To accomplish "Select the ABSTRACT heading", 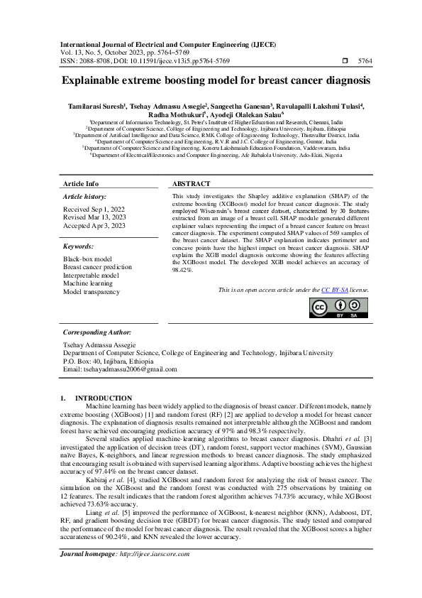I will coord(191,183).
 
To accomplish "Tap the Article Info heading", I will coord(82,183).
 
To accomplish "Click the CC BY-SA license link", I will coord(333,290).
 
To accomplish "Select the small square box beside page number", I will coord(344,62).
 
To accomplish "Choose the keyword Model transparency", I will coord(91,292).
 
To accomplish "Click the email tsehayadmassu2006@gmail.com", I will coord(120,369).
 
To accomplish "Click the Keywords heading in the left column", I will coord(79,246).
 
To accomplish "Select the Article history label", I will coord(85,195).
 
